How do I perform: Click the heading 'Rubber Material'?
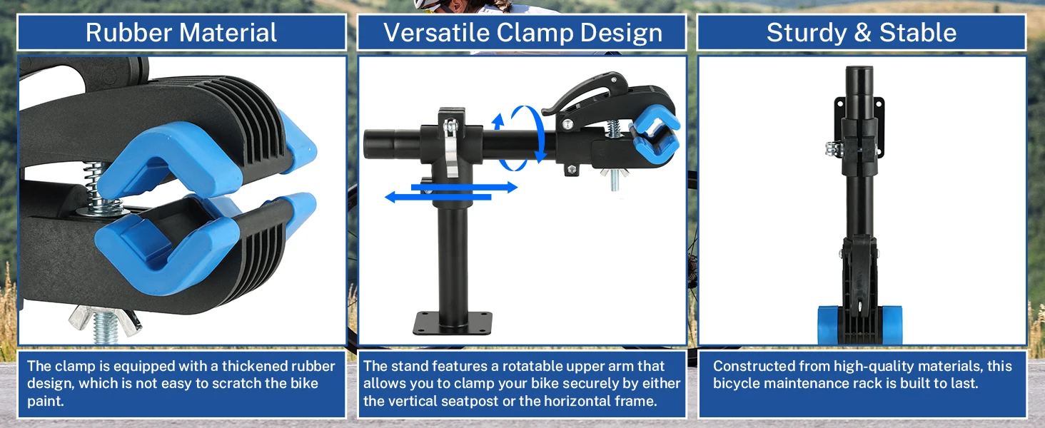[181, 33]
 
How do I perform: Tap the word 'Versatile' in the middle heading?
[435, 33]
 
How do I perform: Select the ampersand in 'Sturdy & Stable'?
[862, 33]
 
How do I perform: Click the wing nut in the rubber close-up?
[105, 322]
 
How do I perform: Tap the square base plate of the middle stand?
[453, 322]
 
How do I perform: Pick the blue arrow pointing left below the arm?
[438, 197]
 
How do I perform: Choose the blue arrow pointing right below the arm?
[464, 188]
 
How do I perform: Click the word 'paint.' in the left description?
[45, 401]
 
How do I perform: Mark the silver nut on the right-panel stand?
[831, 149]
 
